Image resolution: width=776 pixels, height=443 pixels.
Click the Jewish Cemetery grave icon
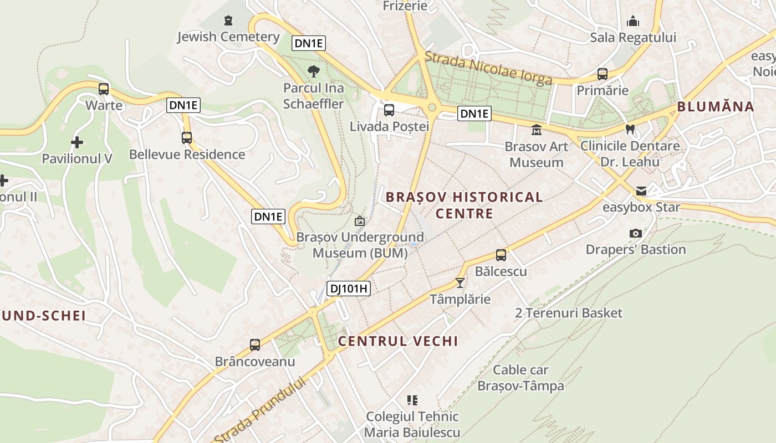coord(228,21)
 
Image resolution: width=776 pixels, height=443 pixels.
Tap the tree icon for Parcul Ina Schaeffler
coord(313,71)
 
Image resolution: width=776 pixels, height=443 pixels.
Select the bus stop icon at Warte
coord(104,89)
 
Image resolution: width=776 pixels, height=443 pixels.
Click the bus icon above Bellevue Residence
coord(187,138)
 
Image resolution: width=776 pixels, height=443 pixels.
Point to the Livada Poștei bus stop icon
coord(389,110)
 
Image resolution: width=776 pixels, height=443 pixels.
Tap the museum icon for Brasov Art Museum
coord(536,130)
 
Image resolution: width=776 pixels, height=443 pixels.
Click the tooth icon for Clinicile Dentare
coord(630,130)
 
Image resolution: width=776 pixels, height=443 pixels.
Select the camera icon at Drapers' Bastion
coord(636,234)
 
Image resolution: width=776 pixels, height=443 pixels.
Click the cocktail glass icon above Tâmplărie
coord(460,283)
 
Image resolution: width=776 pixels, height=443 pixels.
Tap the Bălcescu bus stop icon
coord(501,255)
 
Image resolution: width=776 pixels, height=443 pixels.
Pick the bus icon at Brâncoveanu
coord(255,345)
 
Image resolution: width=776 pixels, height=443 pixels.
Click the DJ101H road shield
coord(349,289)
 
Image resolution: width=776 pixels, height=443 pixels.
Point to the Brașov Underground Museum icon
coord(360,221)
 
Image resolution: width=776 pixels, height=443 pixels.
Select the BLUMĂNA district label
coord(716,107)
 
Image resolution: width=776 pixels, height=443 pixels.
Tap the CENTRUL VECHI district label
coord(398,341)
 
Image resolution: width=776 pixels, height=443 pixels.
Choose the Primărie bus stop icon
coord(602,74)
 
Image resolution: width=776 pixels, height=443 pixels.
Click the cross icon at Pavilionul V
coord(77,142)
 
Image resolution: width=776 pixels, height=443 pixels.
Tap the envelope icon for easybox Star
coord(641,191)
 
